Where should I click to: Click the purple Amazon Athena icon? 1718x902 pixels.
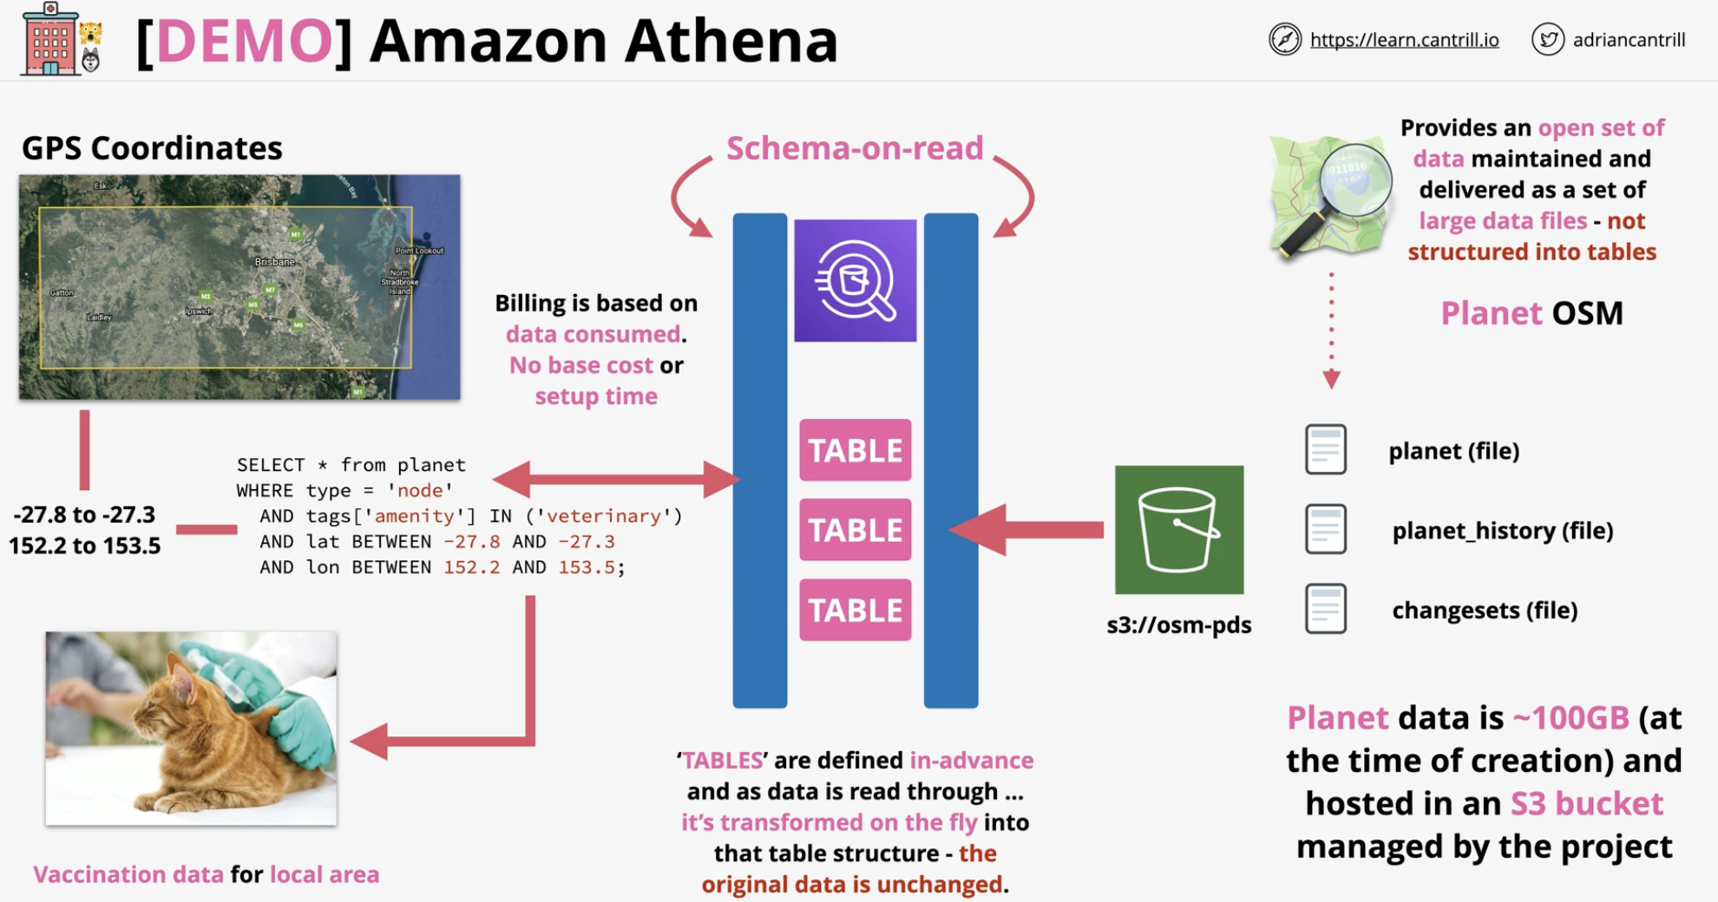[x=855, y=280]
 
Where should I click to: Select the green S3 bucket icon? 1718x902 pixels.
[x=1178, y=529]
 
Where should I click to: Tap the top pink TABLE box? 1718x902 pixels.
[x=856, y=450]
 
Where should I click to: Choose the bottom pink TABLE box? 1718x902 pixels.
[x=856, y=610]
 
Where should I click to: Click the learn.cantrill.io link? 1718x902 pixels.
[x=1404, y=40]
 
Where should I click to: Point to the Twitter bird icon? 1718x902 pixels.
[x=1548, y=39]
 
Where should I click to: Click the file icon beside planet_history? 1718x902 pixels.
[x=1326, y=529]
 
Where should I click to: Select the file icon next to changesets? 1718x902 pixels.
[x=1326, y=609]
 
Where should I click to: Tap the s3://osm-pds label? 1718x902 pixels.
[x=1178, y=624]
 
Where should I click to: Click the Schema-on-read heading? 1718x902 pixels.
[x=855, y=148]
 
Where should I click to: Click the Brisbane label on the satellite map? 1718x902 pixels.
[x=274, y=261]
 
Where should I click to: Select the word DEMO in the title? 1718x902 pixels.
[x=245, y=41]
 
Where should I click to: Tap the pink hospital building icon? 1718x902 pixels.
[x=49, y=40]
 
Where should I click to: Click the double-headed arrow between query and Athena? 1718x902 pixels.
[x=616, y=479]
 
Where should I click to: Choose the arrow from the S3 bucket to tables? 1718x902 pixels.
[x=1026, y=529]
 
